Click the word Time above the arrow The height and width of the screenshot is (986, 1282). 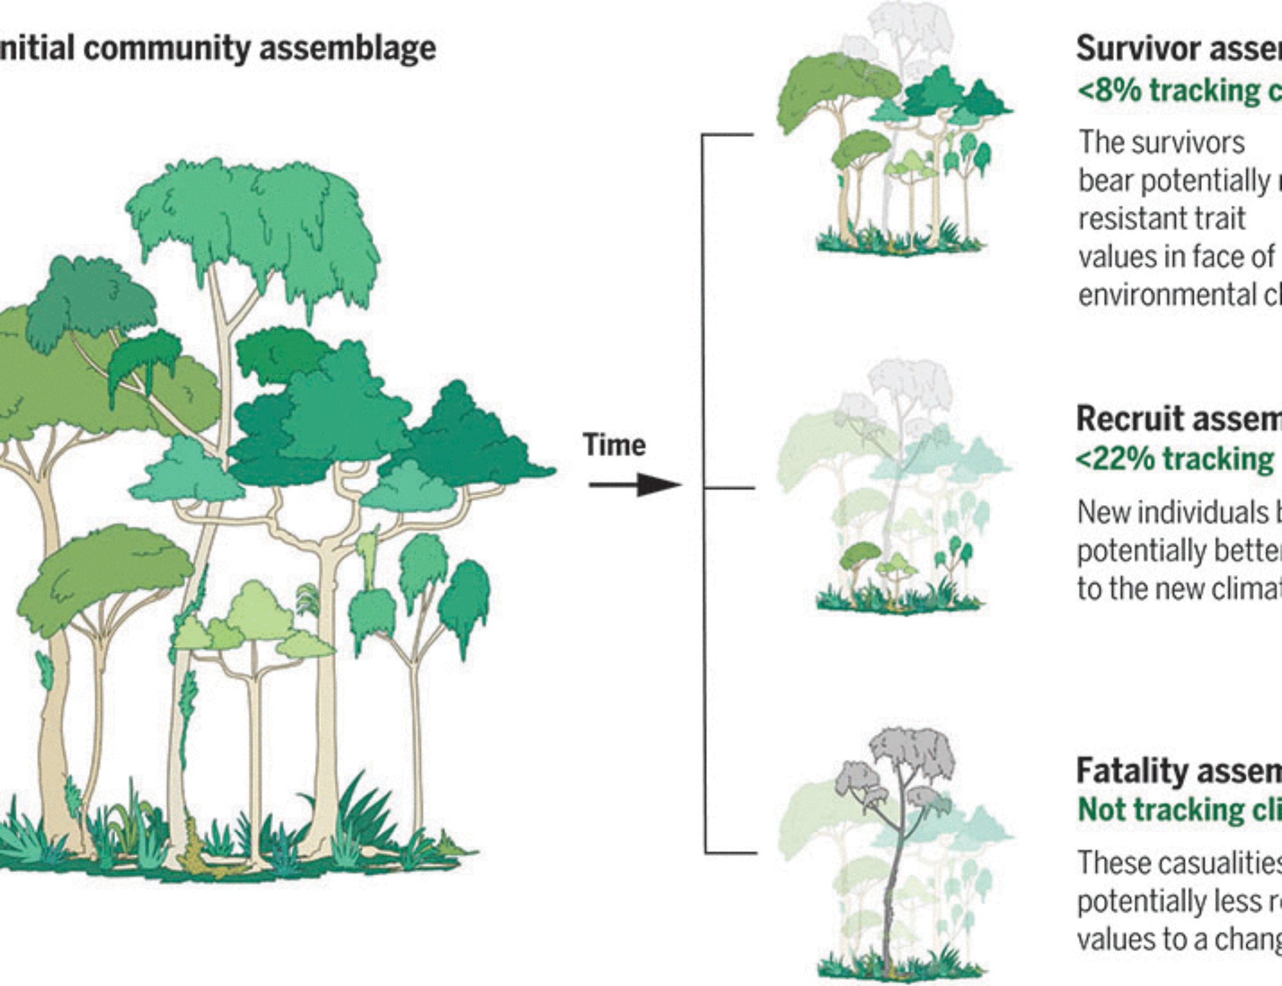click(x=613, y=445)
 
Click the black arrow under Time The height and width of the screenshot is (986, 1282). click(x=634, y=485)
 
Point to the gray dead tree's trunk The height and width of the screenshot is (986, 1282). click(x=892, y=898)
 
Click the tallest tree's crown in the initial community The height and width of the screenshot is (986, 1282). click(x=256, y=218)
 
